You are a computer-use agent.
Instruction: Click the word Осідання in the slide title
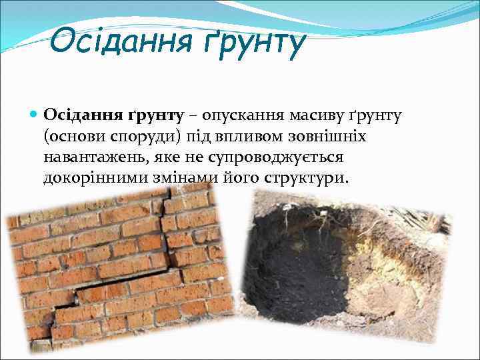(119, 42)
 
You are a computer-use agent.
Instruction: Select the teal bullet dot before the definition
(35, 115)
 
